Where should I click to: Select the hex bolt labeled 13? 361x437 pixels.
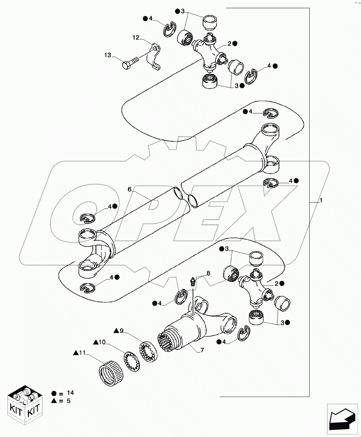131,62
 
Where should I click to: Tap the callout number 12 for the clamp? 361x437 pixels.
136,37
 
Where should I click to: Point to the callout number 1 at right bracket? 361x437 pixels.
321,201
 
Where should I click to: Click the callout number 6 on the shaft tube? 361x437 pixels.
129,189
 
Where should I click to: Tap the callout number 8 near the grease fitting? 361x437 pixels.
208,273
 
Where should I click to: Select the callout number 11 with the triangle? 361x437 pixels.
82,353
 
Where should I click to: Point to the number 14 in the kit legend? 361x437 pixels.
70,392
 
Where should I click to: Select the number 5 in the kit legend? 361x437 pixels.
68,401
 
